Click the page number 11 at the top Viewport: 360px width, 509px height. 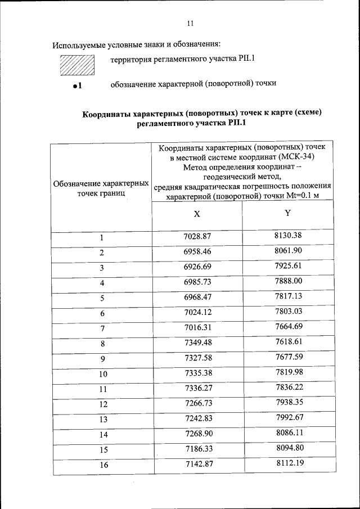pos(190,24)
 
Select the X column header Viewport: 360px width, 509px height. pos(197,214)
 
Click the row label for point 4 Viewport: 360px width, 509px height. pos(102,283)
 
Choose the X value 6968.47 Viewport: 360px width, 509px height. pos(197,297)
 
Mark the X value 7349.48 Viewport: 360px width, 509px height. pos(197,343)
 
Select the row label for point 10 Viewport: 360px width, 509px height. pos(103,374)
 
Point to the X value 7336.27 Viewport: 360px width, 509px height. pos(197,389)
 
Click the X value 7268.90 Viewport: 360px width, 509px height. pos(197,434)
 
